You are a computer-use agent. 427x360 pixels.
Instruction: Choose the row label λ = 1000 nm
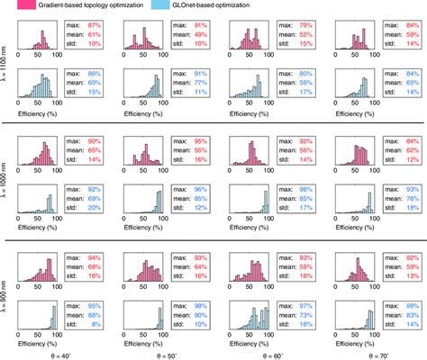(x=5, y=179)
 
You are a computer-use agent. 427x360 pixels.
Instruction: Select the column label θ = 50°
(x=161, y=354)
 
